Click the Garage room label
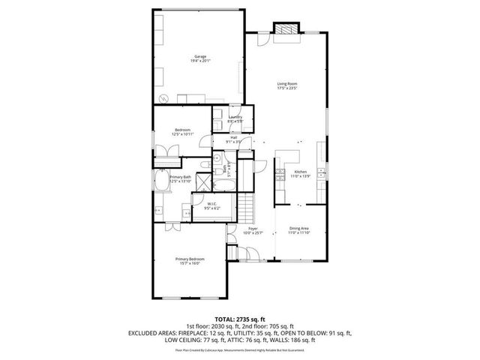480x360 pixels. [201, 56]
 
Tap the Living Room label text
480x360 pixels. [286, 83]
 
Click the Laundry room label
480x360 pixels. [235, 117]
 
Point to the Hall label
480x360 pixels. [234, 137]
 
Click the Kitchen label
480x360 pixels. [300, 172]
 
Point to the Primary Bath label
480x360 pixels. [180, 176]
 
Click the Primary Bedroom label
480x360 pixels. [190, 259]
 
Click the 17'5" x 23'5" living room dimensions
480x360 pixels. [286, 88]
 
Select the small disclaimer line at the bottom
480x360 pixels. [239, 349]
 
